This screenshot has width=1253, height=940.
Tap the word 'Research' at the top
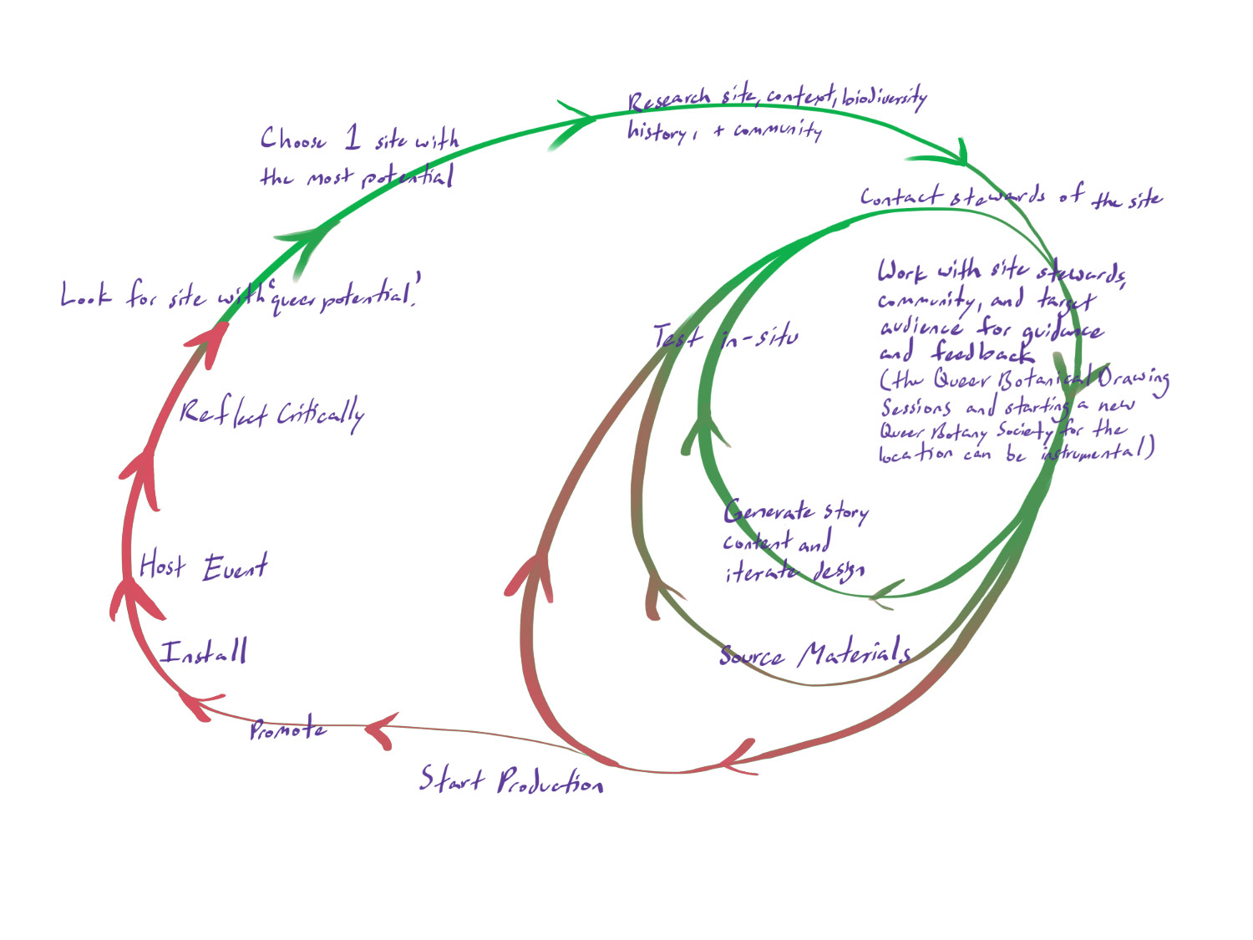click(x=669, y=100)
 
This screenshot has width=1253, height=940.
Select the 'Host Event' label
click(x=203, y=567)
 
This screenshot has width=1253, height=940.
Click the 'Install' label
click(x=205, y=652)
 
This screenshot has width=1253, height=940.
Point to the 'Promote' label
click(x=287, y=729)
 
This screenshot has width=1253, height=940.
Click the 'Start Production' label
click(x=511, y=781)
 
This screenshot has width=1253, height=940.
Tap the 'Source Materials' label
click(x=814, y=653)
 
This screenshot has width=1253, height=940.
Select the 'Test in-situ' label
click(x=725, y=338)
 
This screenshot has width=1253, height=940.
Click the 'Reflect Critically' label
click(x=271, y=414)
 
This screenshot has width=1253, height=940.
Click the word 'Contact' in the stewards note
click(x=901, y=197)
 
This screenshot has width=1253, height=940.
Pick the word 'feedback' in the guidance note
click(x=982, y=353)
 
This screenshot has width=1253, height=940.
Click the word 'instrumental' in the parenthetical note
click(x=1094, y=452)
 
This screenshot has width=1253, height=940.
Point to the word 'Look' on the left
click(x=85, y=295)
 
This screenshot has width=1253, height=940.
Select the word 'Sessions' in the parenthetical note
click(x=916, y=407)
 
